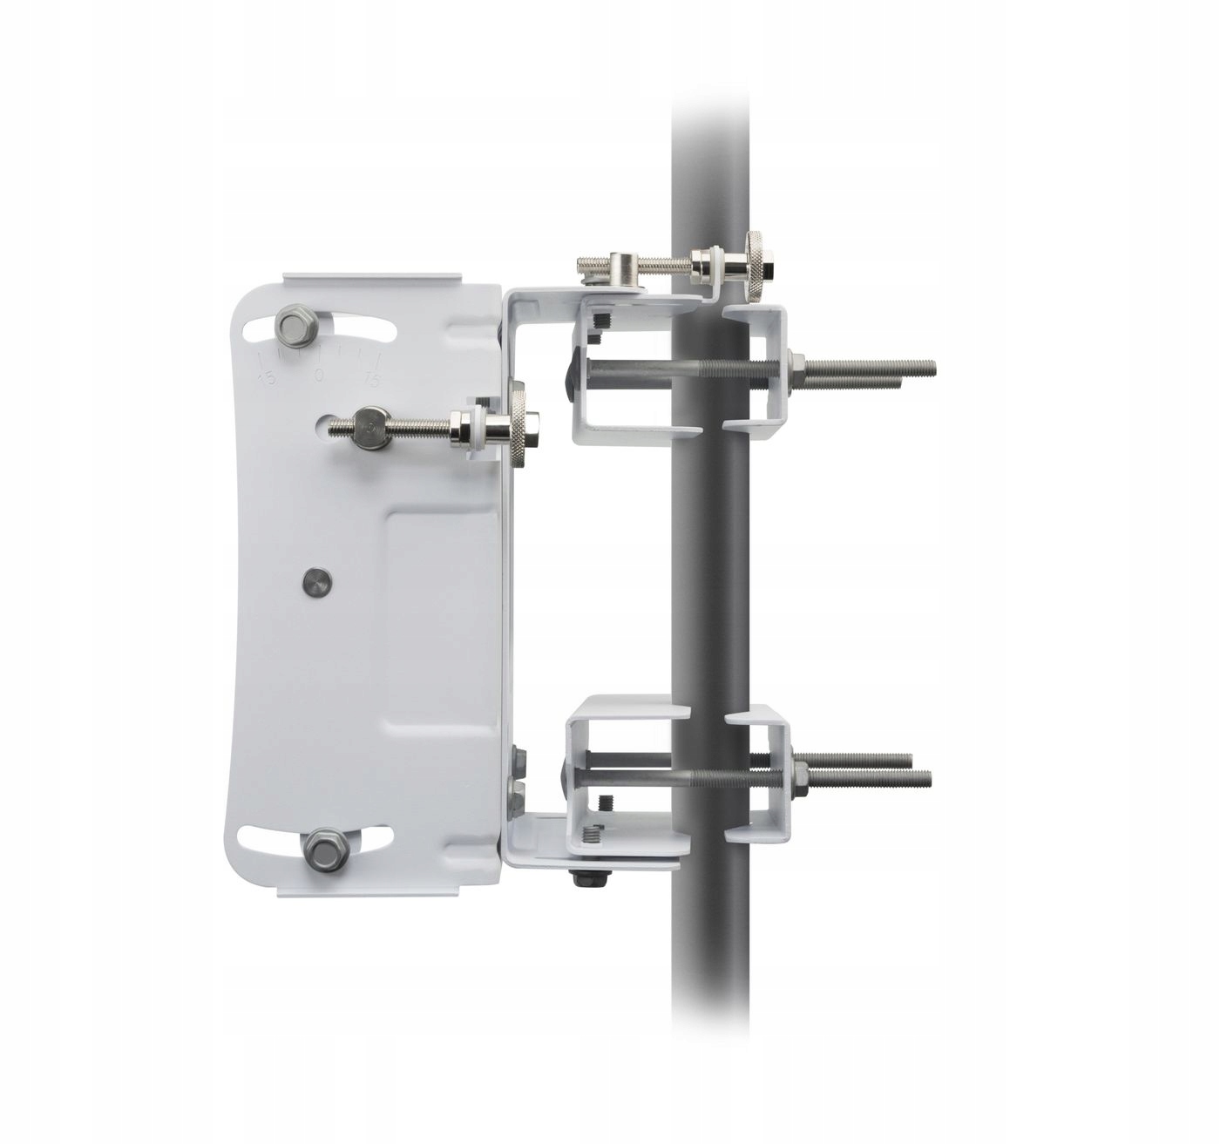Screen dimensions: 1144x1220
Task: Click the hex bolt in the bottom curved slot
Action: (x=325, y=850)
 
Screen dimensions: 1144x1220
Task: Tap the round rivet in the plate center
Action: (x=316, y=582)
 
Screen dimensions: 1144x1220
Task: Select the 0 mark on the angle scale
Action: (x=319, y=376)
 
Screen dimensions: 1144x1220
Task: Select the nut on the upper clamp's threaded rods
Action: (x=796, y=366)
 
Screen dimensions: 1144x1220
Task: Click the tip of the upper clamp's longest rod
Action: (x=932, y=366)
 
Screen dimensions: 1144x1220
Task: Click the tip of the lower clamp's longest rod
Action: (x=928, y=778)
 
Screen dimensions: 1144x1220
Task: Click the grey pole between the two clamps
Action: (x=710, y=566)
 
